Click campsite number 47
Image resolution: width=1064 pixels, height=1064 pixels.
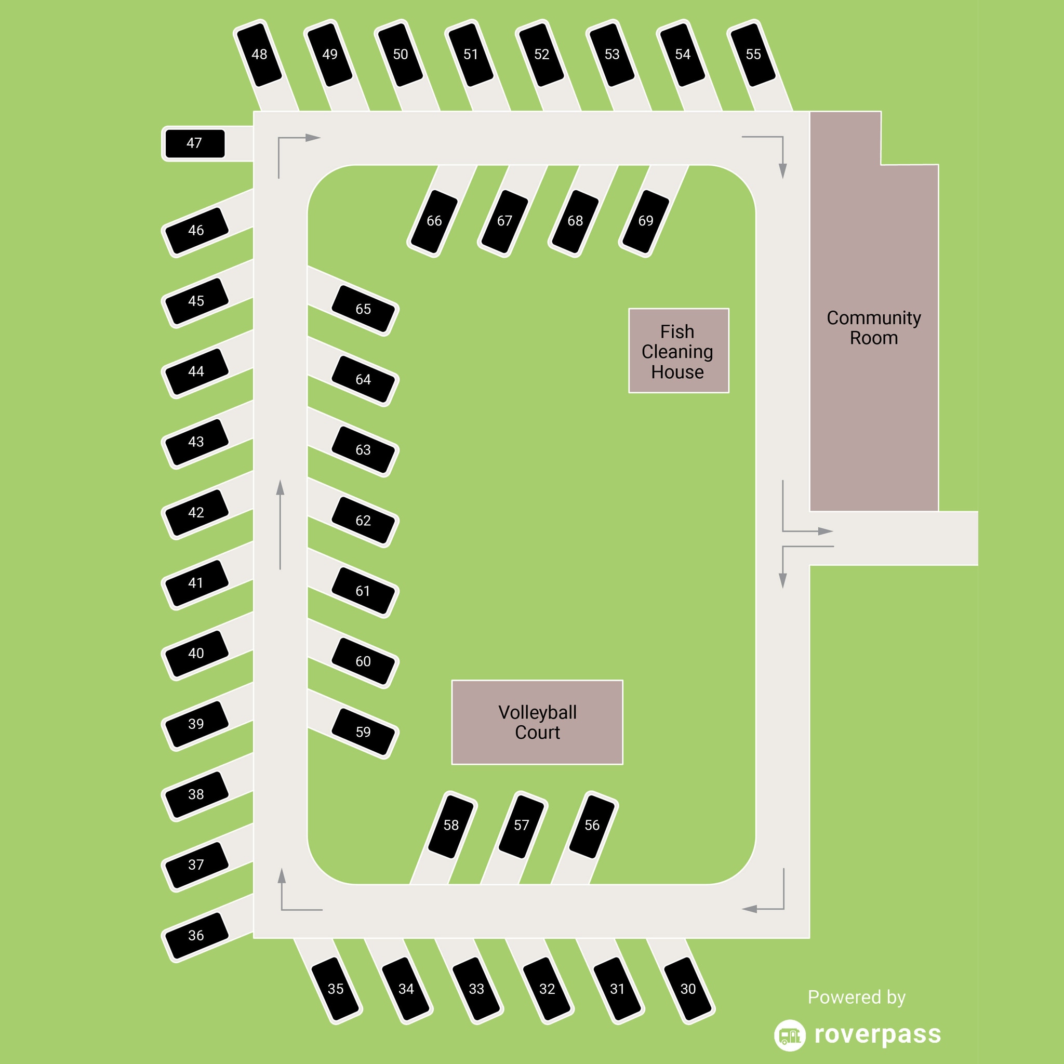pos(195,143)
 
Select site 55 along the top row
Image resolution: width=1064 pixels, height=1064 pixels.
pos(753,54)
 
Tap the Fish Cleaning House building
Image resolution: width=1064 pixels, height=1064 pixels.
pos(679,351)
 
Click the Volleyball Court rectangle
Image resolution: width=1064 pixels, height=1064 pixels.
pos(537,722)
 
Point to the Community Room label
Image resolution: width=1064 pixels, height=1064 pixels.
pos(873,328)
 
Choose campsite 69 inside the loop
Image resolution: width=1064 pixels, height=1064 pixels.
pos(645,221)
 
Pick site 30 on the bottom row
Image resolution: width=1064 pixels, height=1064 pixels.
pos(688,989)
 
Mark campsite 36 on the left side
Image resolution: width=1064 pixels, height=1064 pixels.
pos(196,935)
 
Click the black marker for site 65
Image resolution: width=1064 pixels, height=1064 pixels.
pos(363,309)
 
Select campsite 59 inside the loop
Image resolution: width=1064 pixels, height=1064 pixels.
pos(363,732)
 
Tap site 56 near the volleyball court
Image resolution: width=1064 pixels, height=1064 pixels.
pos(592,825)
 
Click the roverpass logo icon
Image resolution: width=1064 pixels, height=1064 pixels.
pos(789,1035)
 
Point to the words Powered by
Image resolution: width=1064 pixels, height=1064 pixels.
pos(856,997)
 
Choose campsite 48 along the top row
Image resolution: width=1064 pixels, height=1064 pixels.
pos(259,54)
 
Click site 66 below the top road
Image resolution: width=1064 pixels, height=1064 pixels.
pos(434,221)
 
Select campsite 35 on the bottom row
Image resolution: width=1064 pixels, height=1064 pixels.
pos(336,989)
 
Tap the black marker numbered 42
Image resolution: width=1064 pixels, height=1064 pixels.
pos(196,513)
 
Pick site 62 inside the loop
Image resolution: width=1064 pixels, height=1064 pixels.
pos(363,521)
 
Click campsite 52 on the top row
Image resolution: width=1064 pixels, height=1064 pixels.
pos(541,54)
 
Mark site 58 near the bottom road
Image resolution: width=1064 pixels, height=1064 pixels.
pos(451,825)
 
